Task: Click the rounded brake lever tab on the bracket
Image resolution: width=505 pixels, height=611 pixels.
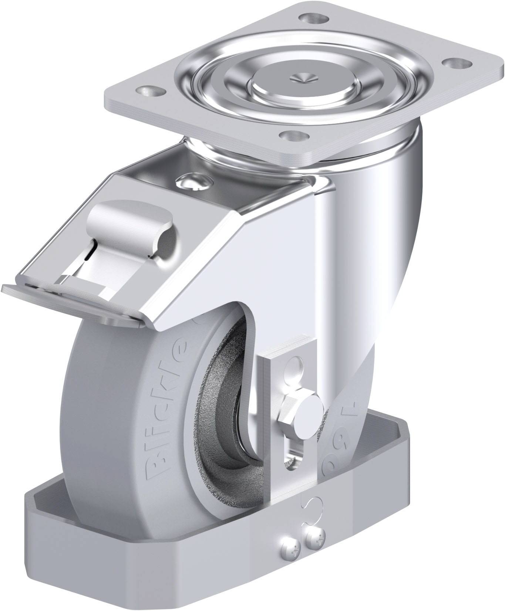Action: [131, 225]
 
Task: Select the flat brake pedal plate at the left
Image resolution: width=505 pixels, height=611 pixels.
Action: [70, 301]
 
